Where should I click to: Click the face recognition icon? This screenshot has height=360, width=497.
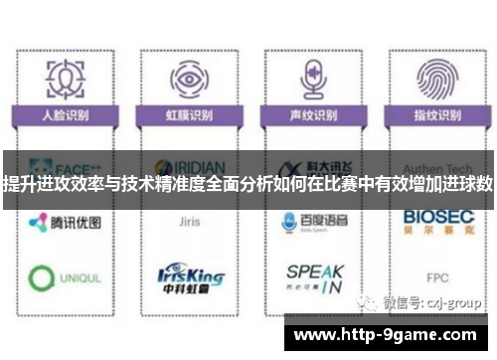coord(66,78)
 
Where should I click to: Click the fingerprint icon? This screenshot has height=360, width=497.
coord(433,78)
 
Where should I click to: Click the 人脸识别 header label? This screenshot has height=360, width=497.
coord(65,116)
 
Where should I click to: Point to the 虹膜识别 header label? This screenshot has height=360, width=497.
coord(188,116)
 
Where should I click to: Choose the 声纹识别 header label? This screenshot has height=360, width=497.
coord(311,116)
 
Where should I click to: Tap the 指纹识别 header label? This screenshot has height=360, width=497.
coord(433,116)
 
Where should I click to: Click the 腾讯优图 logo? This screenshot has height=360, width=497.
coord(64,223)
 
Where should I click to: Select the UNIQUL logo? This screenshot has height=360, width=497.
coord(64,277)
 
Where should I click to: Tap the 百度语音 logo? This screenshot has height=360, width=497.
coord(311,223)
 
